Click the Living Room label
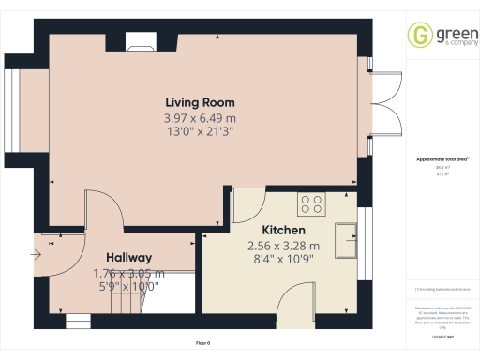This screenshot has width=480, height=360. click(200, 102)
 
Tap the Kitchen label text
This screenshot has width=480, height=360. click(281, 230)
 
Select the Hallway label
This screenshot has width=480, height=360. click(129, 257)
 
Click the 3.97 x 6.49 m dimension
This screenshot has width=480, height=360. click(200, 118)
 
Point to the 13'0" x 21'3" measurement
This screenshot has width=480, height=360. click(200, 132)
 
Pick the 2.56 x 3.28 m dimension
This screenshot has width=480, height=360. click(284, 246)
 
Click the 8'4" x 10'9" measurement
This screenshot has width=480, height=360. click(284, 260)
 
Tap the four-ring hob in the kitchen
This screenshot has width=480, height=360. click(311, 202)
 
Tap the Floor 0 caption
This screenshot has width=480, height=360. click(202, 343)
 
